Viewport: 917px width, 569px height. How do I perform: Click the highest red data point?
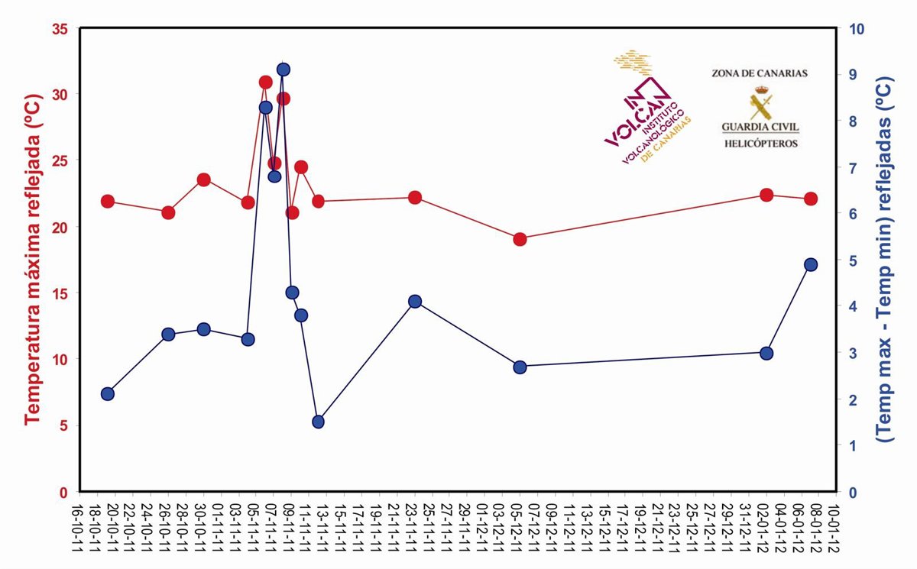pos(266,82)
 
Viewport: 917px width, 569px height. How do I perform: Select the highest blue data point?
pos(284,70)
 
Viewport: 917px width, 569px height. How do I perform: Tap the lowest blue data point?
pos(319,422)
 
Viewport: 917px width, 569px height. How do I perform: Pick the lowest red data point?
pos(520,239)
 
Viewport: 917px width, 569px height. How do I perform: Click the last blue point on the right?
pos(812,264)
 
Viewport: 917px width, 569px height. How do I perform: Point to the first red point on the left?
pos(108,202)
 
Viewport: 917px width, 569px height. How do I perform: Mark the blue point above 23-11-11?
pos(415,302)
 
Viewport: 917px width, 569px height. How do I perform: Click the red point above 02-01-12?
pos(767,195)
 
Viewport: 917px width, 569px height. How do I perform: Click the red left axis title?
pos(31,260)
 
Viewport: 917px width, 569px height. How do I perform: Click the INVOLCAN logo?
pos(646,111)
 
